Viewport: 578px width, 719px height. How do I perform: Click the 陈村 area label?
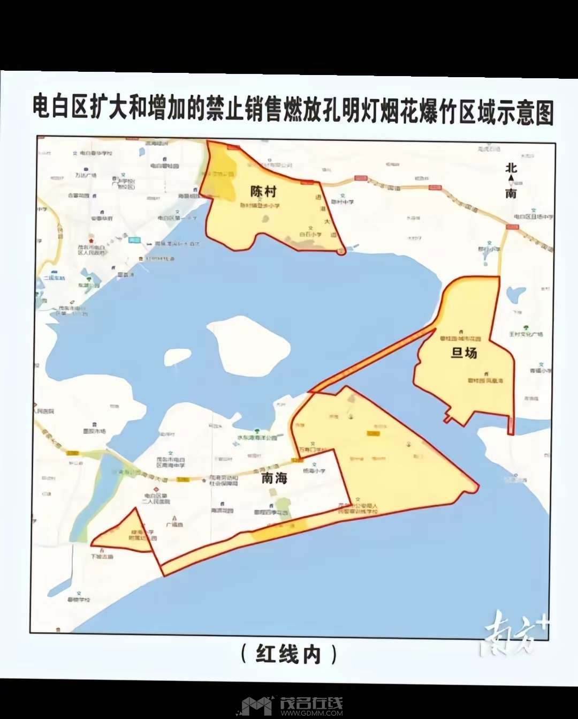(263, 191)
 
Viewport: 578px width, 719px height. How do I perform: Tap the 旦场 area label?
(463, 353)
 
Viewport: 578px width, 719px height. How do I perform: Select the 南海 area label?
(275, 478)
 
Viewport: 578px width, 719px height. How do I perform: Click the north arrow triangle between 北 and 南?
(511, 178)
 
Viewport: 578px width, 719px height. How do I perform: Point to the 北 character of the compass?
(511, 168)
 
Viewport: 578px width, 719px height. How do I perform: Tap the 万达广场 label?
(86, 175)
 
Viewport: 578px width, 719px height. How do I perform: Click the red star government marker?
(91, 242)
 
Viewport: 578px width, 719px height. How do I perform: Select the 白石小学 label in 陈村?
(310, 234)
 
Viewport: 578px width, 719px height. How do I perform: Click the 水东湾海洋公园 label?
(257, 437)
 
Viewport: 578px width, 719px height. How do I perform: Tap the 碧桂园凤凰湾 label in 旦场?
(485, 380)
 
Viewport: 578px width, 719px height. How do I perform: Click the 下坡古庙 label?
(102, 557)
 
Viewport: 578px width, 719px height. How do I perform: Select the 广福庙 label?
(174, 525)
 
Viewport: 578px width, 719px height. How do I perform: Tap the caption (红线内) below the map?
(289, 654)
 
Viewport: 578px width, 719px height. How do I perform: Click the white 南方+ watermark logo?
(514, 635)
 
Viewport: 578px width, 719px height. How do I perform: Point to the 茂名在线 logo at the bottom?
(311, 705)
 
